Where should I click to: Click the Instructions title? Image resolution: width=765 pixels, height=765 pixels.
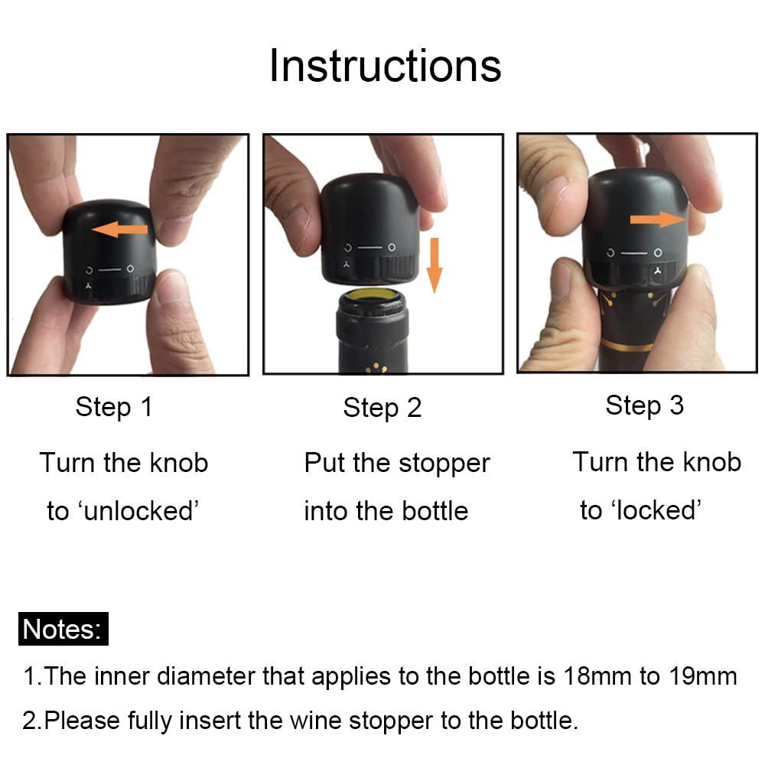pyautogui.click(x=385, y=66)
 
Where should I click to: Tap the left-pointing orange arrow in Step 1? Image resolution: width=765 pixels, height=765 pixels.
pyautogui.click(x=119, y=229)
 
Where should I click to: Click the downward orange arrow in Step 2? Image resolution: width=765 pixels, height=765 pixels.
pyautogui.click(x=435, y=265)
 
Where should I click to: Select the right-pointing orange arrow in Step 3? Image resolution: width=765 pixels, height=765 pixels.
pyautogui.click(x=658, y=219)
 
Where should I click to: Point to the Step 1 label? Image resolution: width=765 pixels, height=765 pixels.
pyautogui.click(x=114, y=407)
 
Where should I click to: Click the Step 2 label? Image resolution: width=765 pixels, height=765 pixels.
pyautogui.click(x=382, y=408)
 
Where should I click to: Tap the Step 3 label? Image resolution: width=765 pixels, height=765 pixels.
pyautogui.click(x=644, y=405)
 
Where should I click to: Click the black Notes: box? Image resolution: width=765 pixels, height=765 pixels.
pyautogui.click(x=63, y=629)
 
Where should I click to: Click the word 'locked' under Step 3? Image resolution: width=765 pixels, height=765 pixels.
pyautogui.click(x=656, y=510)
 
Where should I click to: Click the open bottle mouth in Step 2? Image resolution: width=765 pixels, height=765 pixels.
pyautogui.click(x=371, y=299)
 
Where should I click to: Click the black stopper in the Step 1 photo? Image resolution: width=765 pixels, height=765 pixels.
pyautogui.click(x=109, y=252)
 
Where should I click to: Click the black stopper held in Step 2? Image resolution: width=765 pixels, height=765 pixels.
pyautogui.click(x=369, y=229)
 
